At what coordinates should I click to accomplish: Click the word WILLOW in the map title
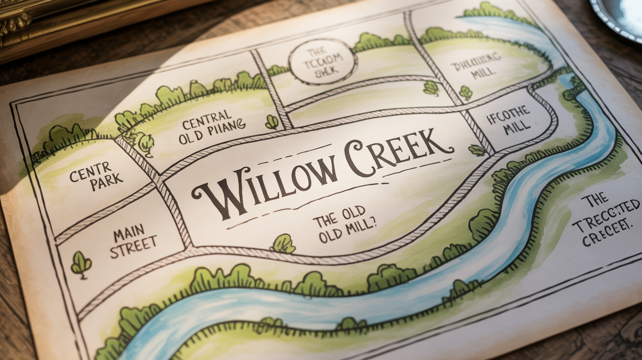267,188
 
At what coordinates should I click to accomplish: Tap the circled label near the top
323,63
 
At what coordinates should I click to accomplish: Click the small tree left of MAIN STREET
81,263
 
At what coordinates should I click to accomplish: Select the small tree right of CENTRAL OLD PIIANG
272,122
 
